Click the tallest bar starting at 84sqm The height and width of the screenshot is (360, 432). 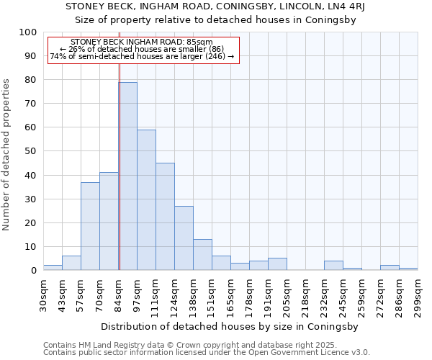click(x=127, y=176)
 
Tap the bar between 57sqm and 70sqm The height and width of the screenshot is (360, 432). click(x=90, y=226)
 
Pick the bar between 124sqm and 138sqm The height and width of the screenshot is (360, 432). click(x=184, y=238)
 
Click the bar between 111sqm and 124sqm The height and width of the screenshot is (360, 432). click(x=165, y=217)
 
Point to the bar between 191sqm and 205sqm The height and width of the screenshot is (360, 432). click(x=277, y=264)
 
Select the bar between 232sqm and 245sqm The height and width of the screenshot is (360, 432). click(x=333, y=266)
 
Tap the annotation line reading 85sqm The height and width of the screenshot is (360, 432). click(x=142, y=42)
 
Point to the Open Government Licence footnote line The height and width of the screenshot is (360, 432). click(x=207, y=353)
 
